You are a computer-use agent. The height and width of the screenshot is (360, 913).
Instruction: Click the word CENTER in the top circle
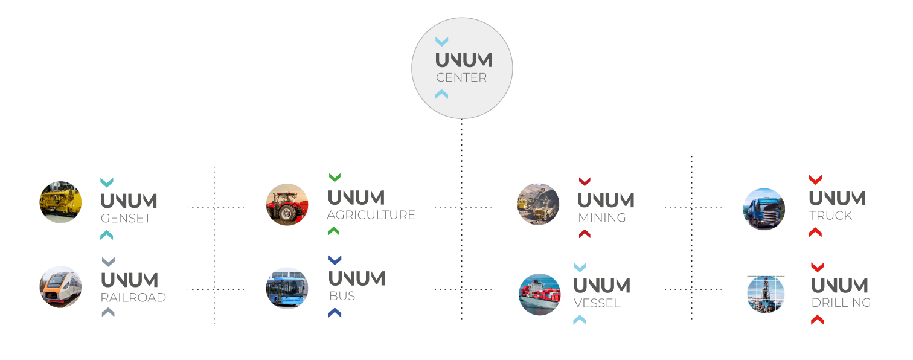(x=461, y=77)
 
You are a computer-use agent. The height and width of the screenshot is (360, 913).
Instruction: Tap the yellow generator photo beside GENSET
(x=60, y=202)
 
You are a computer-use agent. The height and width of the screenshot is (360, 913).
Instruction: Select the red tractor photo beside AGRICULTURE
(x=287, y=205)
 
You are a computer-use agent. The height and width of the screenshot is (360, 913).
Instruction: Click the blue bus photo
(x=287, y=288)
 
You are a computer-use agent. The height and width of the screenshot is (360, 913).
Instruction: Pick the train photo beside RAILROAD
(x=60, y=287)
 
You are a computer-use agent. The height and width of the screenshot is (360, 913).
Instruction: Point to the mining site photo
(x=538, y=204)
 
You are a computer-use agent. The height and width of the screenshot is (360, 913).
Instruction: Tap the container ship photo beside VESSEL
(x=540, y=294)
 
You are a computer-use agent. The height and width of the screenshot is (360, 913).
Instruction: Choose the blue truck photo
(x=764, y=209)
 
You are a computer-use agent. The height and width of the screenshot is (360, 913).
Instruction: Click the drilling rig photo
(x=766, y=294)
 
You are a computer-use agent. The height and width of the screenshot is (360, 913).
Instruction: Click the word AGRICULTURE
(x=371, y=215)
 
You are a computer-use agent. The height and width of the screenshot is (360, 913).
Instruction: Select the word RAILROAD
(x=133, y=298)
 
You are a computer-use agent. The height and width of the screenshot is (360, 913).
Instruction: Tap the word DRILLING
(x=841, y=303)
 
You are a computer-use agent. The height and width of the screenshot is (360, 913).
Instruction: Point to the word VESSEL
(x=597, y=303)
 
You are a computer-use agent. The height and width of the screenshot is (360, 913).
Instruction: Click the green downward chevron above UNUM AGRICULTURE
(x=335, y=177)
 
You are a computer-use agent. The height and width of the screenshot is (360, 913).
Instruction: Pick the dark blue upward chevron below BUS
(x=335, y=313)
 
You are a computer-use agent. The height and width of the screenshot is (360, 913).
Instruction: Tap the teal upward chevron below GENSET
(x=107, y=235)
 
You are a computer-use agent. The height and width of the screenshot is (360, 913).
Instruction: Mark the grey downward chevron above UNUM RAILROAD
(x=108, y=262)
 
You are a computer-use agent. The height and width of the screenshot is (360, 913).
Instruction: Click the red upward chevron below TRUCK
(x=815, y=232)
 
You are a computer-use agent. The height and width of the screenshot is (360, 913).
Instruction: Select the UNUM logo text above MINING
(x=606, y=200)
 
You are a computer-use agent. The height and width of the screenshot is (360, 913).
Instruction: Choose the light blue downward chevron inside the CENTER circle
(x=442, y=42)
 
